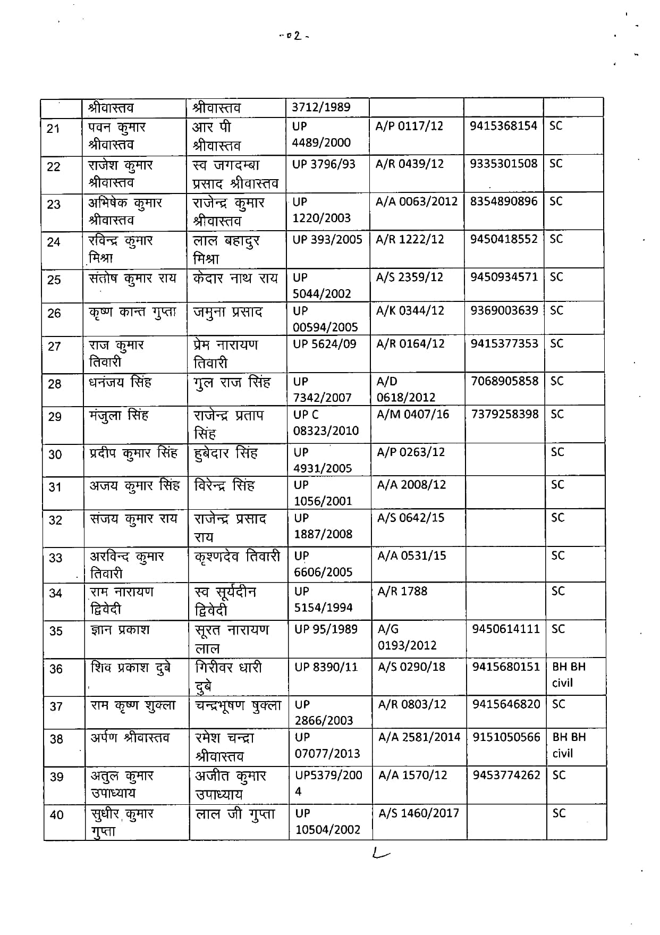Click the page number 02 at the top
[x=294, y=36]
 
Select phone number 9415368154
[x=503, y=126]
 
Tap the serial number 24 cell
[x=54, y=242]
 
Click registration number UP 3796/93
[x=324, y=164]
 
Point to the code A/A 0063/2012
[x=416, y=201]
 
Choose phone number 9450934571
[x=504, y=277]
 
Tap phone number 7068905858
[x=504, y=381]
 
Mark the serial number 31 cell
[x=55, y=487]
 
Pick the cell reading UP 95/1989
[x=326, y=629]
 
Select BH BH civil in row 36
[x=569, y=675]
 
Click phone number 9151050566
[x=506, y=737]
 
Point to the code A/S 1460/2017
[x=418, y=813]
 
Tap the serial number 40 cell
[x=56, y=814]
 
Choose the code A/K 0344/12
[x=410, y=310]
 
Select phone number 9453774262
[x=506, y=775]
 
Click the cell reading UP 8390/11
[x=326, y=667]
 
